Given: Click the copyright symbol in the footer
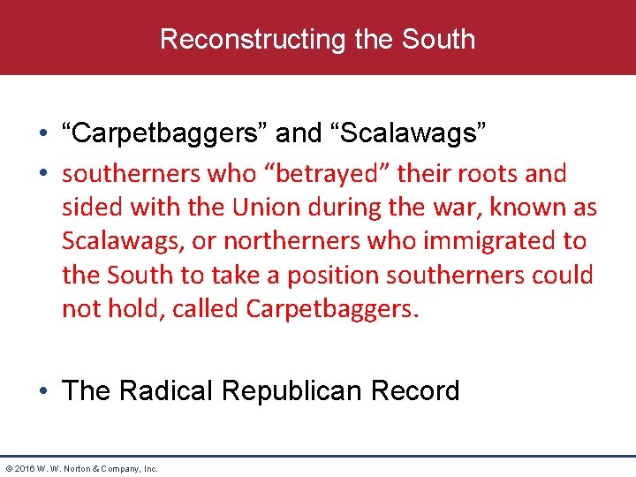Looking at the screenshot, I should [x=8, y=468].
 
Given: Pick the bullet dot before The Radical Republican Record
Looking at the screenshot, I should [x=43, y=391].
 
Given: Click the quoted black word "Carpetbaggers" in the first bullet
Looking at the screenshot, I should [x=165, y=133].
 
